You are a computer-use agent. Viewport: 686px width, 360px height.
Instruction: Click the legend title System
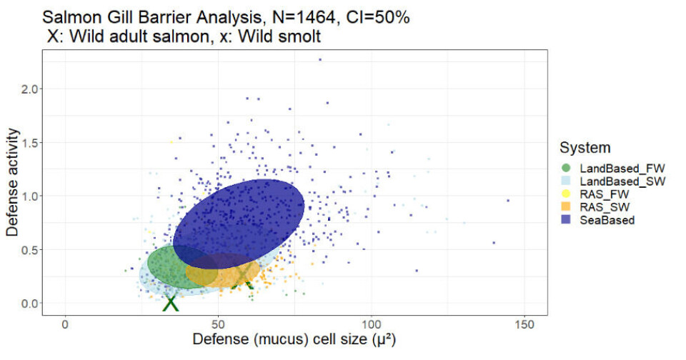(585, 148)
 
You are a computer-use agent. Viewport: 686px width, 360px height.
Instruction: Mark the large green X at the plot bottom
(170, 303)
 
